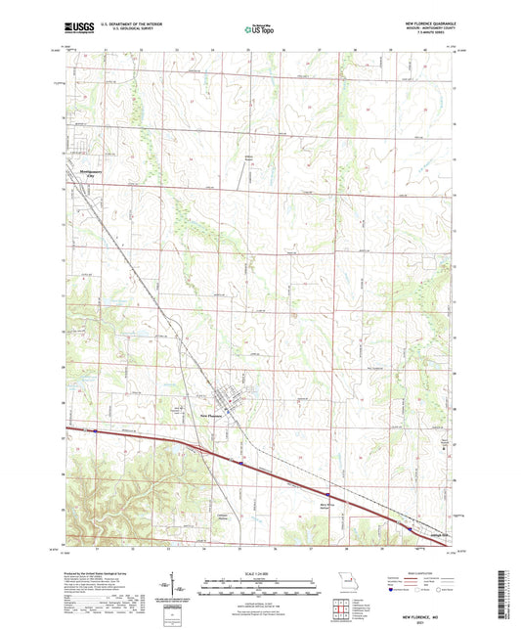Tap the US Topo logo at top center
pos(259,30)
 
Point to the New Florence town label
pos(214,415)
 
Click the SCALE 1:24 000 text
pos(260,571)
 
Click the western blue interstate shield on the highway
pos(97,429)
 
